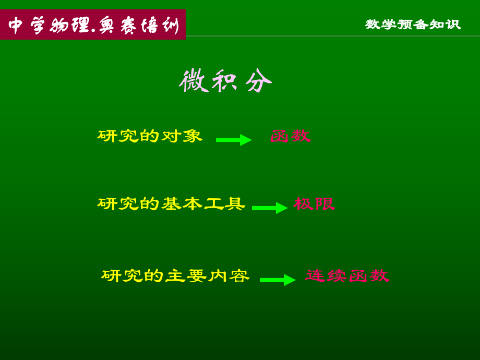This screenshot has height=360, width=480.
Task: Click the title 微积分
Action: (x=225, y=81)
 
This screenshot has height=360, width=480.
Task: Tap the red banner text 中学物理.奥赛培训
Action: (x=93, y=25)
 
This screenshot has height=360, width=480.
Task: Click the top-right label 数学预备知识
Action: (x=413, y=25)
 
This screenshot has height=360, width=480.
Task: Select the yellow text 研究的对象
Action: (x=150, y=136)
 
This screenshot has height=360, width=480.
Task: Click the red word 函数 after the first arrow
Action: (x=290, y=136)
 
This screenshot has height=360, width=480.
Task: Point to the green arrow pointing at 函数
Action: (x=234, y=140)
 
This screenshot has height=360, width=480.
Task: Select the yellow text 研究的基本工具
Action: (x=171, y=204)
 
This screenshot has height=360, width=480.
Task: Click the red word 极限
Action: (x=314, y=204)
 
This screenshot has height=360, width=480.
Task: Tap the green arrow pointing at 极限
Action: (x=270, y=208)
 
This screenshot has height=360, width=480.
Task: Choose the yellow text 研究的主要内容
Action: (x=175, y=276)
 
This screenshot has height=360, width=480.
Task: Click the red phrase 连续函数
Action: (x=347, y=276)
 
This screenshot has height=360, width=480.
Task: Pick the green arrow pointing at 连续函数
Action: (x=278, y=280)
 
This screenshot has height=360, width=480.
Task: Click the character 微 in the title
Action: (x=193, y=81)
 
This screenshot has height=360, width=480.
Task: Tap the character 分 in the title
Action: (x=259, y=81)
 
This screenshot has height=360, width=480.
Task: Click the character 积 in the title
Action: (x=225, y=81)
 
